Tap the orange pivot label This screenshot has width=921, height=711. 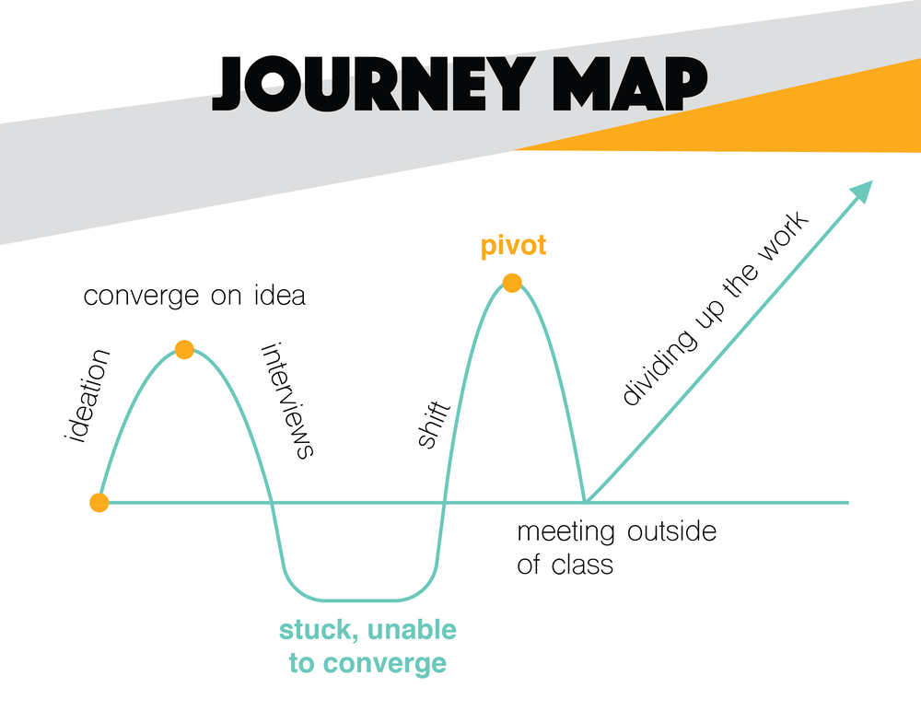(x=513, y=246)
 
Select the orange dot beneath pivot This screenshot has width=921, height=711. (x=512, y=283)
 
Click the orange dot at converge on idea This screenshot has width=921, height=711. (x=184, y=349)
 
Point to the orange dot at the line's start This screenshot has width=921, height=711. (x=99, y=502)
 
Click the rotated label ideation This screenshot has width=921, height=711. (x=88, y=394)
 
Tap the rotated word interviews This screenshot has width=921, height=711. (x=288, y=401)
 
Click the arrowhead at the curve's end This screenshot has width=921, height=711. (x=862, y=190)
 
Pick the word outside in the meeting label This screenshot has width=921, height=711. (x=671, y=531)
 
